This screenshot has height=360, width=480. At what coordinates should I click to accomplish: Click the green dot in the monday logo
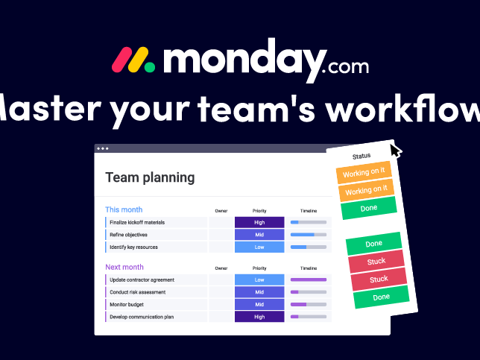[x=150, y=67]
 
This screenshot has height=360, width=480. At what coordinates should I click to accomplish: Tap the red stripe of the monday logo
[x=121, y=60]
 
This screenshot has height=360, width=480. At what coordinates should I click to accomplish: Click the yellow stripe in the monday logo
[x=138, y=60]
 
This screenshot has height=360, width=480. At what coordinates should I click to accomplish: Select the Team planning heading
[x=150, y=178]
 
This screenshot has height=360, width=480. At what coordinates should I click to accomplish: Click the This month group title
[x=124, y=209]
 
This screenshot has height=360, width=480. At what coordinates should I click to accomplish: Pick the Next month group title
[x=124, y=267]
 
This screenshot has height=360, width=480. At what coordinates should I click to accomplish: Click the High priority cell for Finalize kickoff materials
[x=259, y=222]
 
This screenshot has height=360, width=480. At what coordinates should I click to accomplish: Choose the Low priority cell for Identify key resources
[x=259, y=247]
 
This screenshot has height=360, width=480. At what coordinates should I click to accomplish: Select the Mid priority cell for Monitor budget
[x=259, y=305]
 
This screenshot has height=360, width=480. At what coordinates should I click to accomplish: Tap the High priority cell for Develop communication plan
[x=259, y=317]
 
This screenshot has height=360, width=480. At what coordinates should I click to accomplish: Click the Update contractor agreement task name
[x=142, y=280]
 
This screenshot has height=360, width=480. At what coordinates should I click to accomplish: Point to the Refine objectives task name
[x=128, y=235]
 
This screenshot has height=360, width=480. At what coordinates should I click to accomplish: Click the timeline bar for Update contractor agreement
[x=309, y=280]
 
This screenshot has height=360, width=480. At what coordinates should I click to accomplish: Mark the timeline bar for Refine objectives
[x=309, y=235]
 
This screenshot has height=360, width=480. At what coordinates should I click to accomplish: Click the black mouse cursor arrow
[x=395, y=151]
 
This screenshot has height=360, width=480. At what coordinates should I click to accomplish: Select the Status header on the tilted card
[x=361, y=157]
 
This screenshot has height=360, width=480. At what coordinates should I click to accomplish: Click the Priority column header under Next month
[x=259, y=268]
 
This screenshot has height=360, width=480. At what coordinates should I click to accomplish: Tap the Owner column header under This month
[x=221, y=211]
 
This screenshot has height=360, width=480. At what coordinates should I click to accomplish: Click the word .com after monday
[x=345, y=66]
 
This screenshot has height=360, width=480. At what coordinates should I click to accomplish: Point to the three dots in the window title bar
[x=103, y=148]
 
